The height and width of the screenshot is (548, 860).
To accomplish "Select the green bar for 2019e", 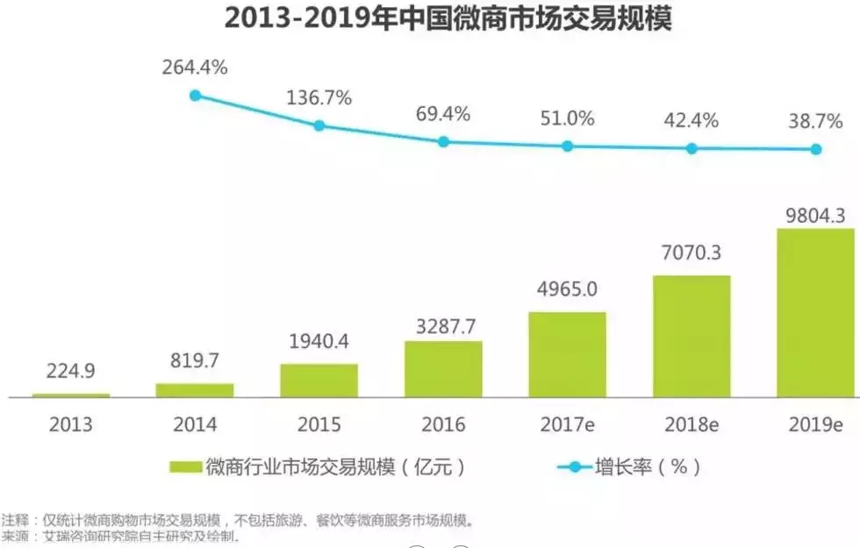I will (x=815, y=313).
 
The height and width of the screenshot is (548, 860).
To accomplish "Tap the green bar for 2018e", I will (x=692, y=337).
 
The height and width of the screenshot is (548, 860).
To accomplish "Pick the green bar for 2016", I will (x=443, y=369).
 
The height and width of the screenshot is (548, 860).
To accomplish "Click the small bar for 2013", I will (x=71, y=395).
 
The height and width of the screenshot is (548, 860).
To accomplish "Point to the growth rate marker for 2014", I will (x=196, y=96).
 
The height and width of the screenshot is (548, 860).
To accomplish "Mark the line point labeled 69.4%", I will (x=444, y=141).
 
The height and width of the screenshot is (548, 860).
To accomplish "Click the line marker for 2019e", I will (x=816, y=149).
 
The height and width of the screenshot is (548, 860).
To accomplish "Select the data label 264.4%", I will (x=195, y=67).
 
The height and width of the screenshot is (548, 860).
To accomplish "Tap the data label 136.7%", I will (x=319, y=98).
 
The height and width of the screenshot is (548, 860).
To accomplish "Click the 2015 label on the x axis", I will (x=319, y=425).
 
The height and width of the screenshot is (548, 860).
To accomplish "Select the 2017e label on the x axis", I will (x=567, y=425).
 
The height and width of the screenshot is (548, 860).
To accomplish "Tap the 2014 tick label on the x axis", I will (x=195, y=425).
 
